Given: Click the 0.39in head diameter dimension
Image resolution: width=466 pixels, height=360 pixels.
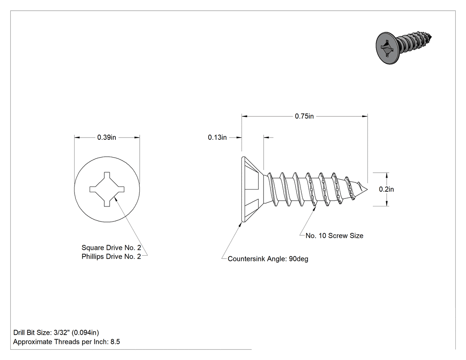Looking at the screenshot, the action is (107, 137).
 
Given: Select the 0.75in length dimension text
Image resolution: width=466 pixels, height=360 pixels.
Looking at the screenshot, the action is (304, 116).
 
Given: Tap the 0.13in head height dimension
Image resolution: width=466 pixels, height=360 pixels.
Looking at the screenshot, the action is (217, 137).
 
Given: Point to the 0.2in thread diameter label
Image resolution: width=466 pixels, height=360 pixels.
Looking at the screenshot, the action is (387, 189).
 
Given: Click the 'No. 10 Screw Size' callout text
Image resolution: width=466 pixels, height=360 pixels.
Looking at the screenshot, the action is (334, 236).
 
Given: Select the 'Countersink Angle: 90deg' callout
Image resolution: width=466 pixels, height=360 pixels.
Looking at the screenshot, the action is (268, 259).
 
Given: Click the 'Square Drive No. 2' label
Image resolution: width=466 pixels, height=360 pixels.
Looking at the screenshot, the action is (111, 248).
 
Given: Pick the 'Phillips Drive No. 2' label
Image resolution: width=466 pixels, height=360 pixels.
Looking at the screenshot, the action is (111, 257).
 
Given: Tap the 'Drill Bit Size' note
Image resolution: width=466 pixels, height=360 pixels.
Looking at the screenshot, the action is (56, 332).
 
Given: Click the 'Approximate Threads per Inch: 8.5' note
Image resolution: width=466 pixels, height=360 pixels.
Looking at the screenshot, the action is (67, 342).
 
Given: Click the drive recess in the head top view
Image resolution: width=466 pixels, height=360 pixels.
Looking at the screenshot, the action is (107, 189).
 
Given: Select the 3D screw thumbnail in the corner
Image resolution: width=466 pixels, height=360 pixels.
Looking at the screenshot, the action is (403, 47).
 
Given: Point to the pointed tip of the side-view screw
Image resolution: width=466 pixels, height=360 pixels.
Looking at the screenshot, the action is (367, 189).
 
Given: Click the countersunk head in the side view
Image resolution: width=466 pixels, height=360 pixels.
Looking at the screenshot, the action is (253, 190).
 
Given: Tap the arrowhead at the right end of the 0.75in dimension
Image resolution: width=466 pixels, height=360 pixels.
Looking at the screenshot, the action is (365, 116).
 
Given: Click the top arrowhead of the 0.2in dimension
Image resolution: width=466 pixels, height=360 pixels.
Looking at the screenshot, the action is (387, 175).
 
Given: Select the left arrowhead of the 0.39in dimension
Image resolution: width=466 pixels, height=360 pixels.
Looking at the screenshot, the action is (77, 137).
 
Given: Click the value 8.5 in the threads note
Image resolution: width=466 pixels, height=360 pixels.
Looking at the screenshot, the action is (115, 342).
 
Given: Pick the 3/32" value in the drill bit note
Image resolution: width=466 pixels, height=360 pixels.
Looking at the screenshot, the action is (59, 332).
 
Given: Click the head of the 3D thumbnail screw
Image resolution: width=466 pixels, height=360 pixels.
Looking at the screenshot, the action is (387, 48).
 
